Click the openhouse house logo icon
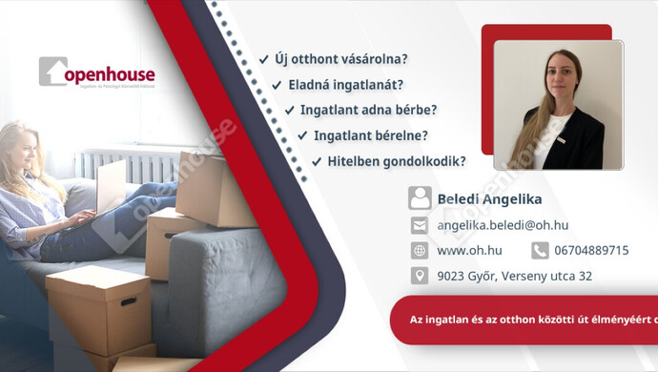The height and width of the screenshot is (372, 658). point(52,72)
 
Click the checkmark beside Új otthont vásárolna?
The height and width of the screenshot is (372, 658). point(263,59)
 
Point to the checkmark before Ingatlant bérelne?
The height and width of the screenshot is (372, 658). point(304,135)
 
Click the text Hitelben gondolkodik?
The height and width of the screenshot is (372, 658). point(396,161)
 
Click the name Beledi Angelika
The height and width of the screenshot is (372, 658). point(489,199)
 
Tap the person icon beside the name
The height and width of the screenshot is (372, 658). point(420,198)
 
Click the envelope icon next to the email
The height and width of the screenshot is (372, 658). point(420,225)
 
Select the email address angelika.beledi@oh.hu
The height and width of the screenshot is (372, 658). point(503,225)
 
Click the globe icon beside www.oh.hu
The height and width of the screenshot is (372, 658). point(420,251)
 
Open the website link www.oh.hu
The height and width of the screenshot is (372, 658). point(464,251)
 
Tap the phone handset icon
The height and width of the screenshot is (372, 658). point(540,251)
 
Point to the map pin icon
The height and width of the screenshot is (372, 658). point(420,276)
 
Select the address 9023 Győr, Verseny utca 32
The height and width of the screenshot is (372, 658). point(514,276)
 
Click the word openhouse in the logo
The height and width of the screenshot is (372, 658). point(109,74)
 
